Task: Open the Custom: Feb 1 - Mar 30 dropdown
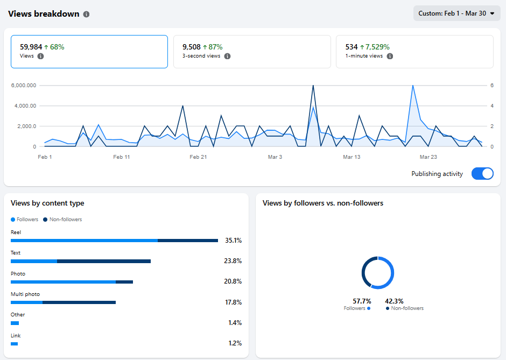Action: click(x=456, y=13)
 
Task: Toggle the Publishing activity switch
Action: click(x=482, y=174)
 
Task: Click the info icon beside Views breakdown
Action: click(x=87, y=15)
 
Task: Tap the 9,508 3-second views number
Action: click(x=192, y=47)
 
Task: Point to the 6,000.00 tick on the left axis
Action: click(x=24, y=86)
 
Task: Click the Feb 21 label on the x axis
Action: click(x=198, y=157)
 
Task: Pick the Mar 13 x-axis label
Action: click(x=352, y=157)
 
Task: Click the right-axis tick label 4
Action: click(x=491, y=106)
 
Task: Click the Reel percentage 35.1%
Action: click(x=233, y=241)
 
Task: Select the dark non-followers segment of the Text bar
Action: click(x=103, y=261)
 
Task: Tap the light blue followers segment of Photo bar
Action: click(x=63, y=281)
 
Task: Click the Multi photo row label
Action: click(x=25, y=294)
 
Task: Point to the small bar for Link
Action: click(x=15, y=343)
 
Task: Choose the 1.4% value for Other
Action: click(x=235, y=323)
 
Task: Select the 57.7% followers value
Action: click(x=361, y=301)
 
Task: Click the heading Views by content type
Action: click(x=47, y=203)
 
